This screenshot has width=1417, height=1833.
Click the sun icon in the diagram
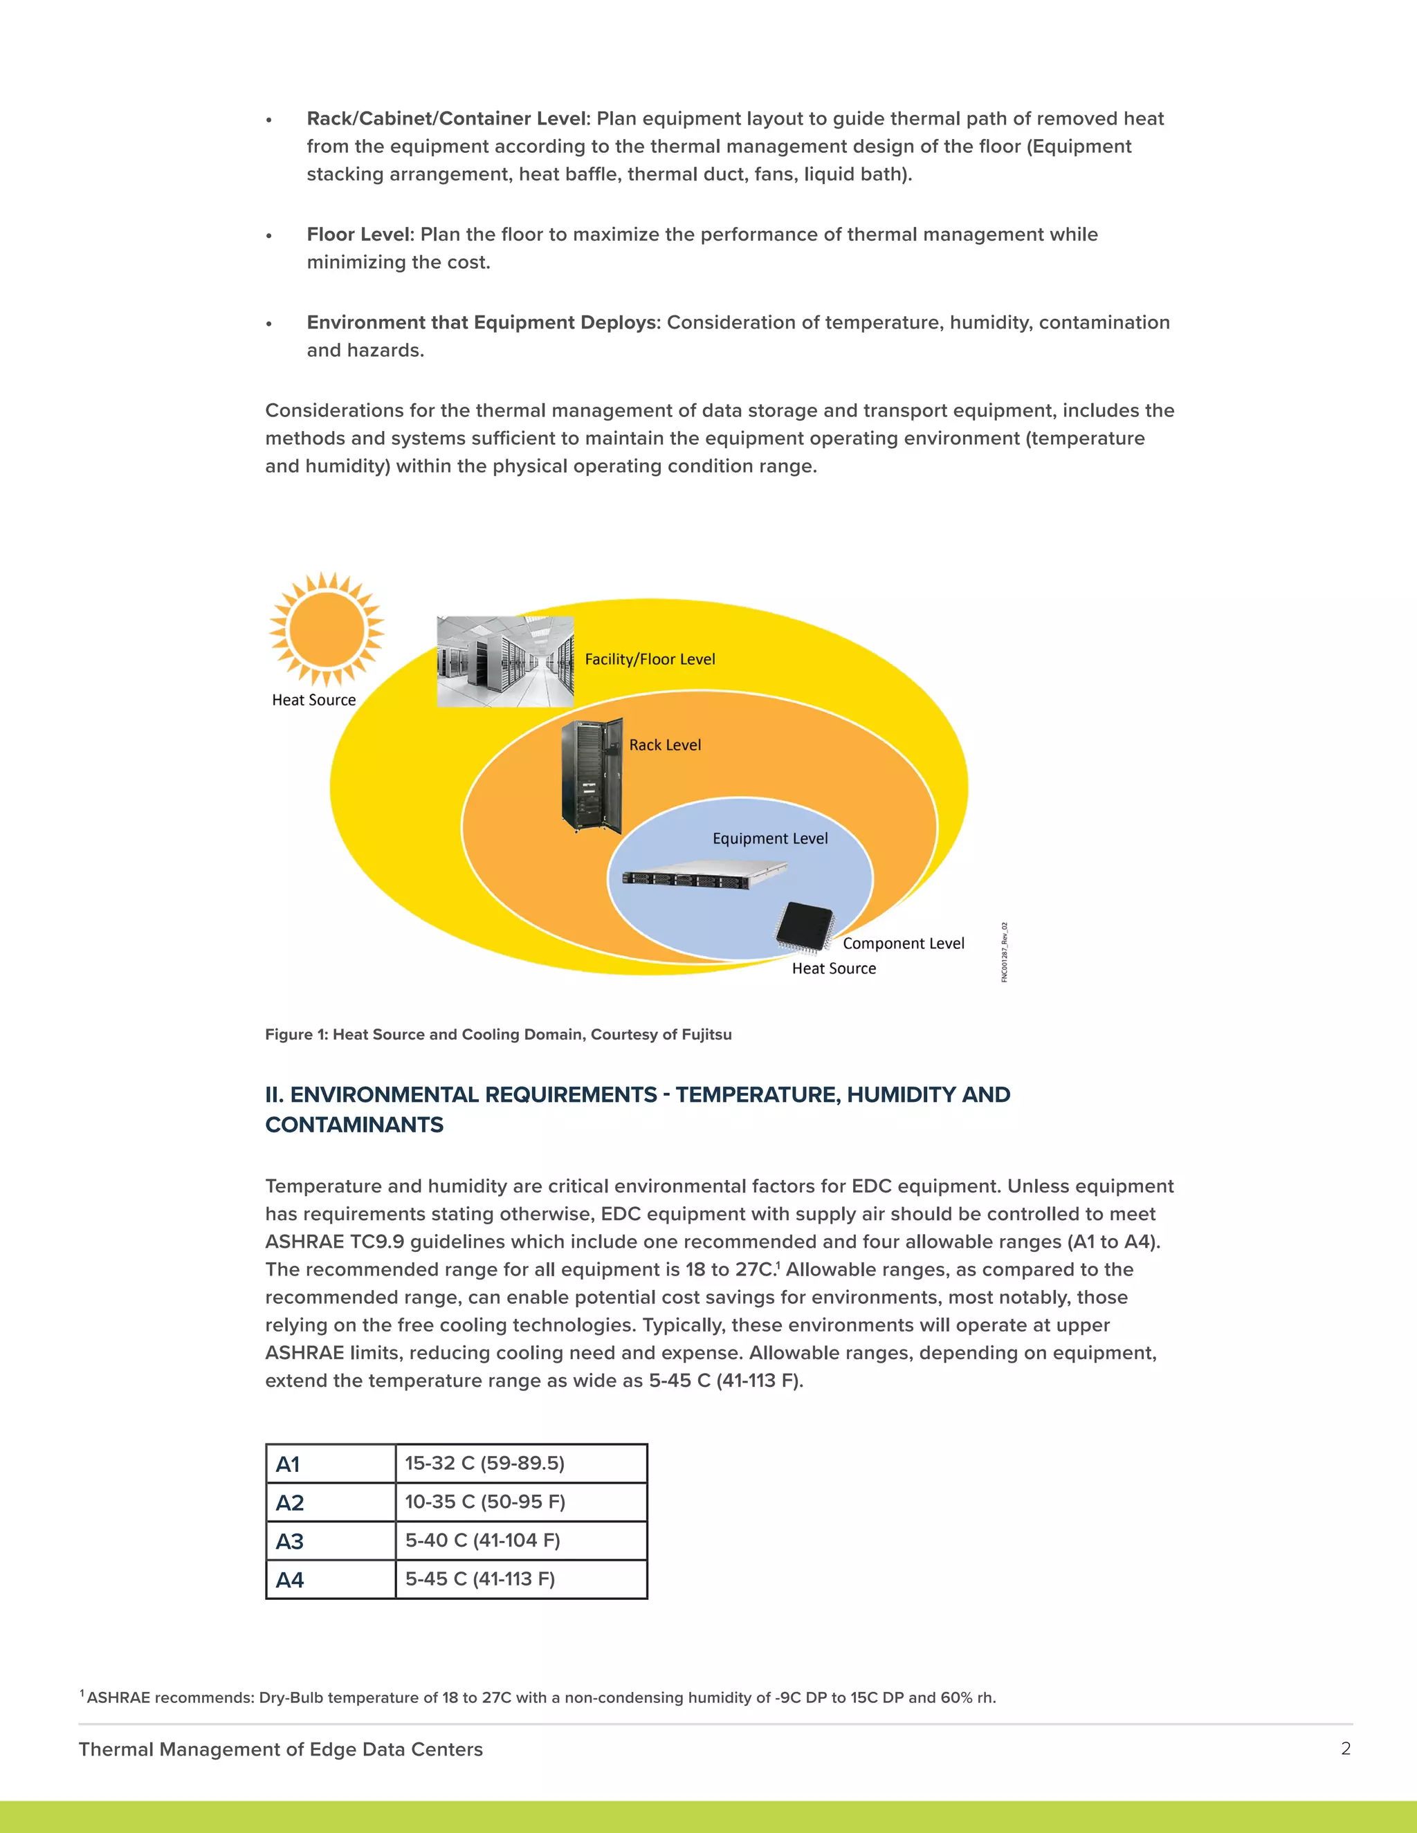pos(327,629)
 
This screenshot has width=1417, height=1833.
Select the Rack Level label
pos(665,745)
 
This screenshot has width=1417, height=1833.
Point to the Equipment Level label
pos(770,838)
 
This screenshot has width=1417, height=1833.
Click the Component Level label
pos(903,943)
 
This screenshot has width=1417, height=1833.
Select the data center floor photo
pos(505,661)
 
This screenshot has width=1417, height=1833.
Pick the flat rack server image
pos(704,874)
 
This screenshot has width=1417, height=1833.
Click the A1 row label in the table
pos(288,1464)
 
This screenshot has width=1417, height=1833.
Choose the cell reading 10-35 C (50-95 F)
pos(485,1502)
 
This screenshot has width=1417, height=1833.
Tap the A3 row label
pos(290,1541)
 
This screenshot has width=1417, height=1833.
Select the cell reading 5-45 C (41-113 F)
pos(480,1578)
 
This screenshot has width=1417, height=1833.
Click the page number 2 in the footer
pos(1346,1748)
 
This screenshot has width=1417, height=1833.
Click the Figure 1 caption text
pos(497,1035)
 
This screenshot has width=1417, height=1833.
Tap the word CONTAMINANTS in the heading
pos(354,1125)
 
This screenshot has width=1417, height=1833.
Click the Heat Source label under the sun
pos(314,700)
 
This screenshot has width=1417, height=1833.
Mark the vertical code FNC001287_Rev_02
pos(1004,952)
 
